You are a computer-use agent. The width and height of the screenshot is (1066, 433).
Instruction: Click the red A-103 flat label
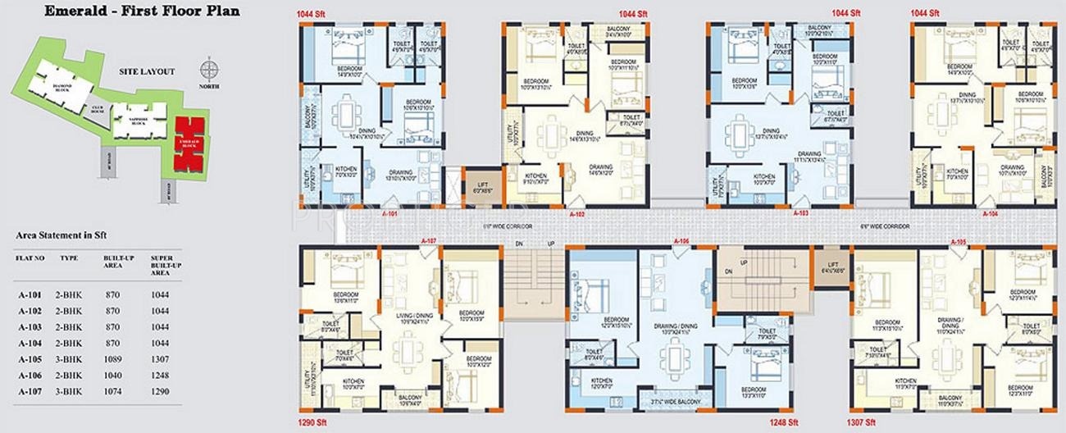pos(803,212)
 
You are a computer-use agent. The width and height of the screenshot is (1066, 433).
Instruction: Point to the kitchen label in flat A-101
pos(346,171)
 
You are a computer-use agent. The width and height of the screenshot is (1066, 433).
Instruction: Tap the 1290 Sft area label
pos(313,425)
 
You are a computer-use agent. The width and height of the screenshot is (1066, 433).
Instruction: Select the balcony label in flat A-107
pos(410,400)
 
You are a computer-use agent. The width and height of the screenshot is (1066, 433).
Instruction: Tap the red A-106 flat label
pos(680,241)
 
